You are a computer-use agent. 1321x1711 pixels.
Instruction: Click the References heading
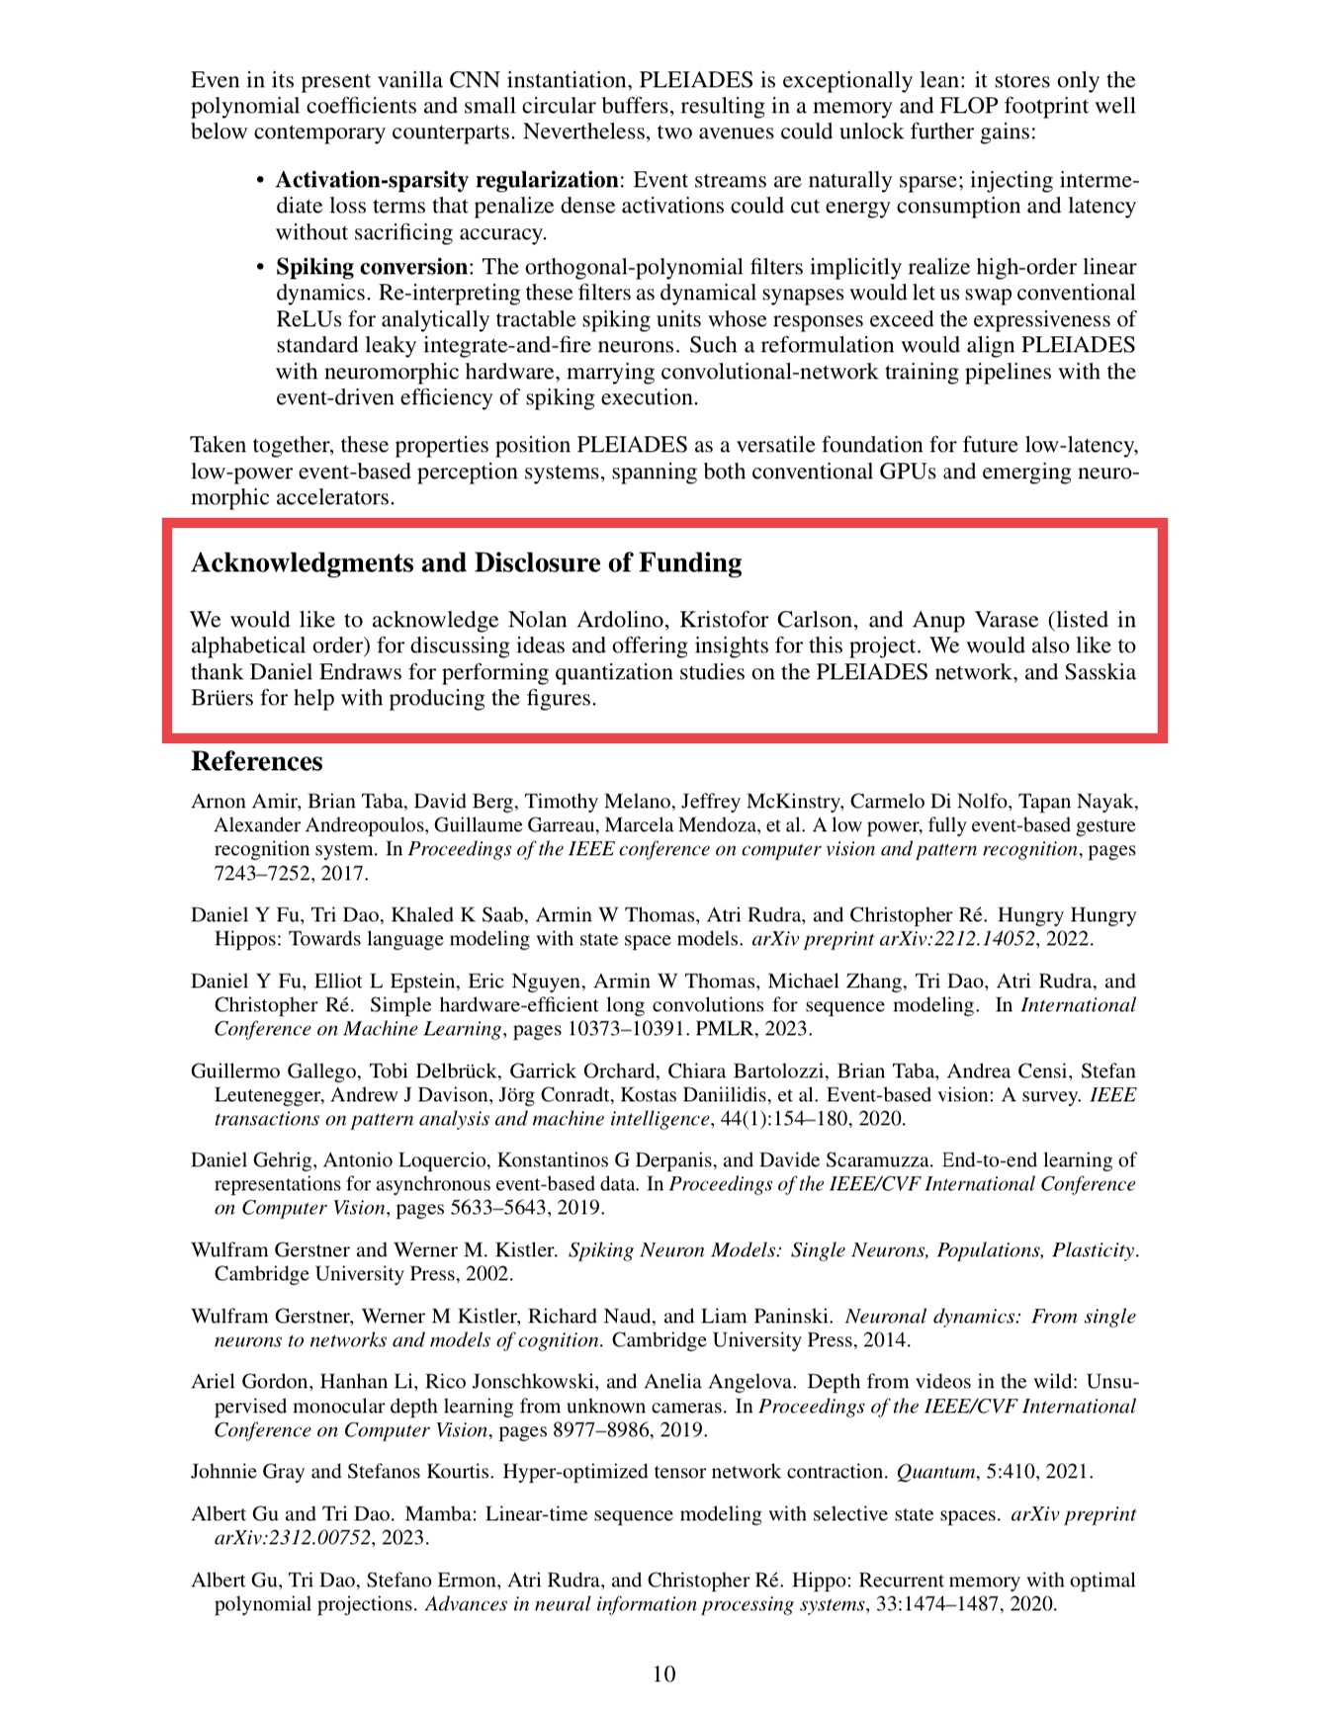pyautogui.click(x=256, y=761)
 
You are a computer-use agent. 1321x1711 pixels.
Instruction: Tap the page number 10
pyautogui.click(x=663, y=1673)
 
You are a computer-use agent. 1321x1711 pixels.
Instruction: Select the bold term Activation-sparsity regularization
pyautogui.click(x=447, y=180)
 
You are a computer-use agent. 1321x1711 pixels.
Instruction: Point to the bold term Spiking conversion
pyautogui.click(x=371, y=267)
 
